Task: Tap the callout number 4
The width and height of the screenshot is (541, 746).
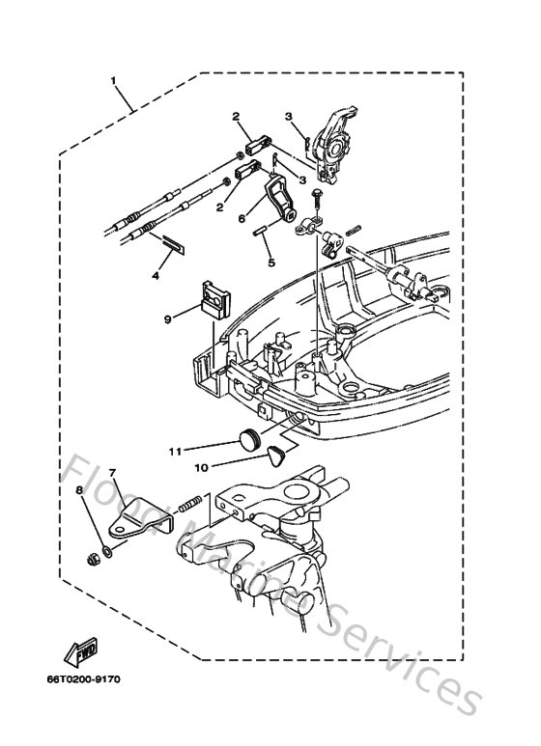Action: (155, 276)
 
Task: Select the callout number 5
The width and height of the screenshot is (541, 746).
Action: (271, 261)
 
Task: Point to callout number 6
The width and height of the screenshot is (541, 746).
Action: (242, 218)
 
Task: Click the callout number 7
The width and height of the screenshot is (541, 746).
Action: (112, 473)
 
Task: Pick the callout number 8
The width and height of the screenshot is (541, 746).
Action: (78, 491)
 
